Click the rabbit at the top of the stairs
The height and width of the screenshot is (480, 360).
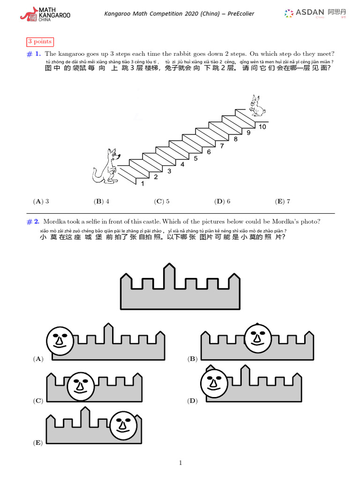255,106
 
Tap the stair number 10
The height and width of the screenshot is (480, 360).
262,127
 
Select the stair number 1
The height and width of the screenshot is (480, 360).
142,184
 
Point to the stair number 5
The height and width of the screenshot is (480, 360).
195,158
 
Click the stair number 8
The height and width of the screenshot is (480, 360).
235,139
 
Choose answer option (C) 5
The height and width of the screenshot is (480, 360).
162,202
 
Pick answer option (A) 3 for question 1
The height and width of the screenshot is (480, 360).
41,202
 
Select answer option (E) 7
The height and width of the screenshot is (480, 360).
283,202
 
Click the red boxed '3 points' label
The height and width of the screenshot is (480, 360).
40,42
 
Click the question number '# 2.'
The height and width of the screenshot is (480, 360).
33,222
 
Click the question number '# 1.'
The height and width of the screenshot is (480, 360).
33,54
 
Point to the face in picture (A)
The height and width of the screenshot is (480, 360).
60,339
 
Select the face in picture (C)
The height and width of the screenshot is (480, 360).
81,386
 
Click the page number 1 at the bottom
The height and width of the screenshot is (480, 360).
180,463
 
